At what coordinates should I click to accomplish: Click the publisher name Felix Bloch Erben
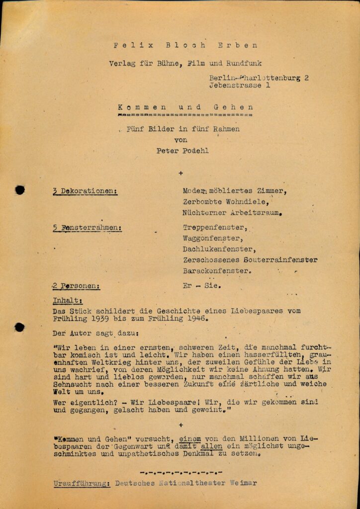(185, 45)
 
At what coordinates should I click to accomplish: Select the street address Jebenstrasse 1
(240, 85)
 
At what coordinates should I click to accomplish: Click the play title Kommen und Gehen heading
(185, 107)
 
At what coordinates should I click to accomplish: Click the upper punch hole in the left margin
(20, 189)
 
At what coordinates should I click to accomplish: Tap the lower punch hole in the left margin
(19, 327)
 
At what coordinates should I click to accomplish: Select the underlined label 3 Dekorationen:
(85, 191)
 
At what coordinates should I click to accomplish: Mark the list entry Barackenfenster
(217, 271)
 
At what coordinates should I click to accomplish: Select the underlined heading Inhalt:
(68, 300)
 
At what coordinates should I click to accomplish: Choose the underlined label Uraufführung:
(82, 483)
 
